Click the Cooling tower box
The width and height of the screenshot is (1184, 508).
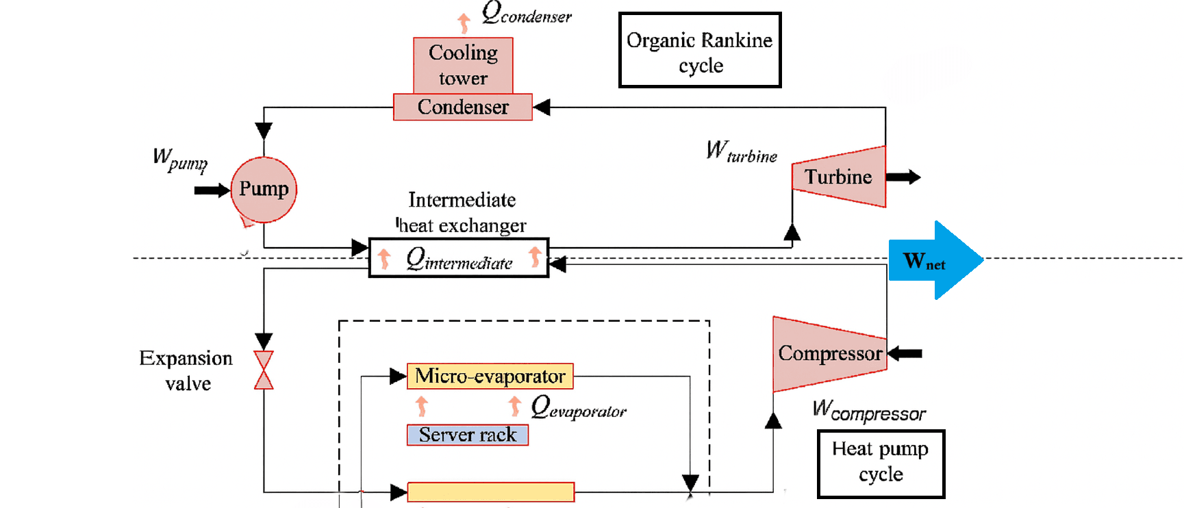point(463,65)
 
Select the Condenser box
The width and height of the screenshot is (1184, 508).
point(463,107)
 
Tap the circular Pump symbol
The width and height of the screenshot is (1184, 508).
point(264,190)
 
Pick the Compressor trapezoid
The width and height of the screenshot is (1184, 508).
point(829,354)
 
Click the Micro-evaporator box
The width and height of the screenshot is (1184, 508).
point(490,376)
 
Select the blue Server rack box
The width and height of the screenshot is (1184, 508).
point(468,435)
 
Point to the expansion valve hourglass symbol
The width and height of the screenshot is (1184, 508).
point(264,370)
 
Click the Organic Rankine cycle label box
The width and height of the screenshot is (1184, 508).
point(700,50)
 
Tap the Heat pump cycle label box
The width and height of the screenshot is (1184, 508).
point(881,463)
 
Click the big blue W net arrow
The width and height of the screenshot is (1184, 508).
point(935,260)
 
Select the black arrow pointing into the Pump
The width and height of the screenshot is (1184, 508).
point(212,190)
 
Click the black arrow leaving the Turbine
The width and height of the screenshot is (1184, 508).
point(904,177)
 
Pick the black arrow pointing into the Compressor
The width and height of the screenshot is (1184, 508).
point(905,354)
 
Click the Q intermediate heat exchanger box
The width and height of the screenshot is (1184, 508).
point(459,258)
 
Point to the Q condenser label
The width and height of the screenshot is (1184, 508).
point(526,13)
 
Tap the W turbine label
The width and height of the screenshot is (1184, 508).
point(742,151)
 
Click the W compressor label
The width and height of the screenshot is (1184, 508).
point(868,411)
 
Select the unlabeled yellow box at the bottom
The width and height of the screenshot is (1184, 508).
point(490,492)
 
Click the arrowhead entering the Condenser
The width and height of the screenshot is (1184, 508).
point(542,107)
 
